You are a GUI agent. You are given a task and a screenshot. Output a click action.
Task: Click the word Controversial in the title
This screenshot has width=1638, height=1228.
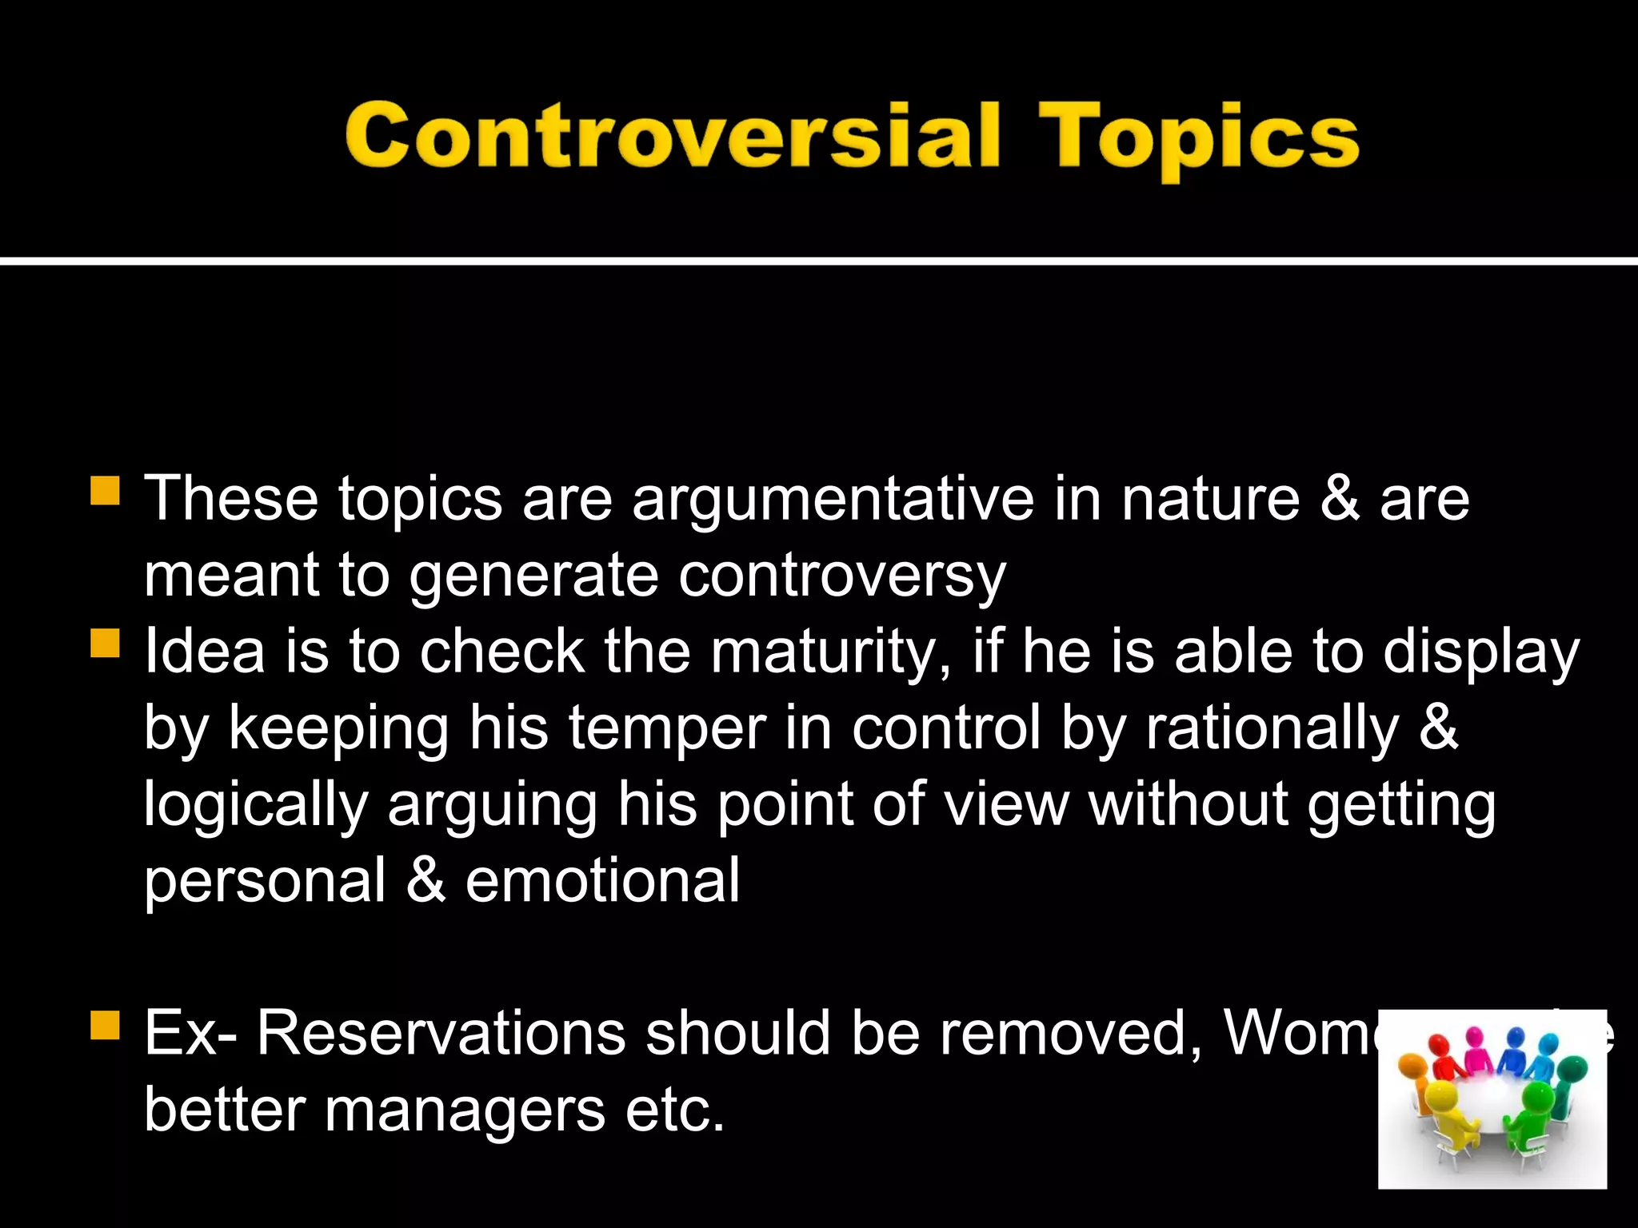(x=672, y=136)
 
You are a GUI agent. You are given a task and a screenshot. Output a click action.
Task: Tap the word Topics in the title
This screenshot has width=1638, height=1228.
(x=1197, y=140)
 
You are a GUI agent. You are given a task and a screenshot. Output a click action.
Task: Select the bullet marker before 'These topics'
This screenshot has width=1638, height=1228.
(x=105, y=491)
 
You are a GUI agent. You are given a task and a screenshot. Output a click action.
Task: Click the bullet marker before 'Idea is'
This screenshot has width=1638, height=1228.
(x=105, y=643)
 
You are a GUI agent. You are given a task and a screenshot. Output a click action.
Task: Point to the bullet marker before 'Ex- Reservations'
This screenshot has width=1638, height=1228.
(x=105, y=1026)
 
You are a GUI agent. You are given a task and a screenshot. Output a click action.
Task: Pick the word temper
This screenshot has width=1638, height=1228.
(x=667, y=729)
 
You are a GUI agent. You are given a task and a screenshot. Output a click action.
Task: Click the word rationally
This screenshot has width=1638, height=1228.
(x=1272, y=729)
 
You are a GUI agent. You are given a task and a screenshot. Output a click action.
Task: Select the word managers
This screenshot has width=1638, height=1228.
(x=465, y=1110)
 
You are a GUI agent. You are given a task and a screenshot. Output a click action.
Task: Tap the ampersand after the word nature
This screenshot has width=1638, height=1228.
(x=1339, y=499)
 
